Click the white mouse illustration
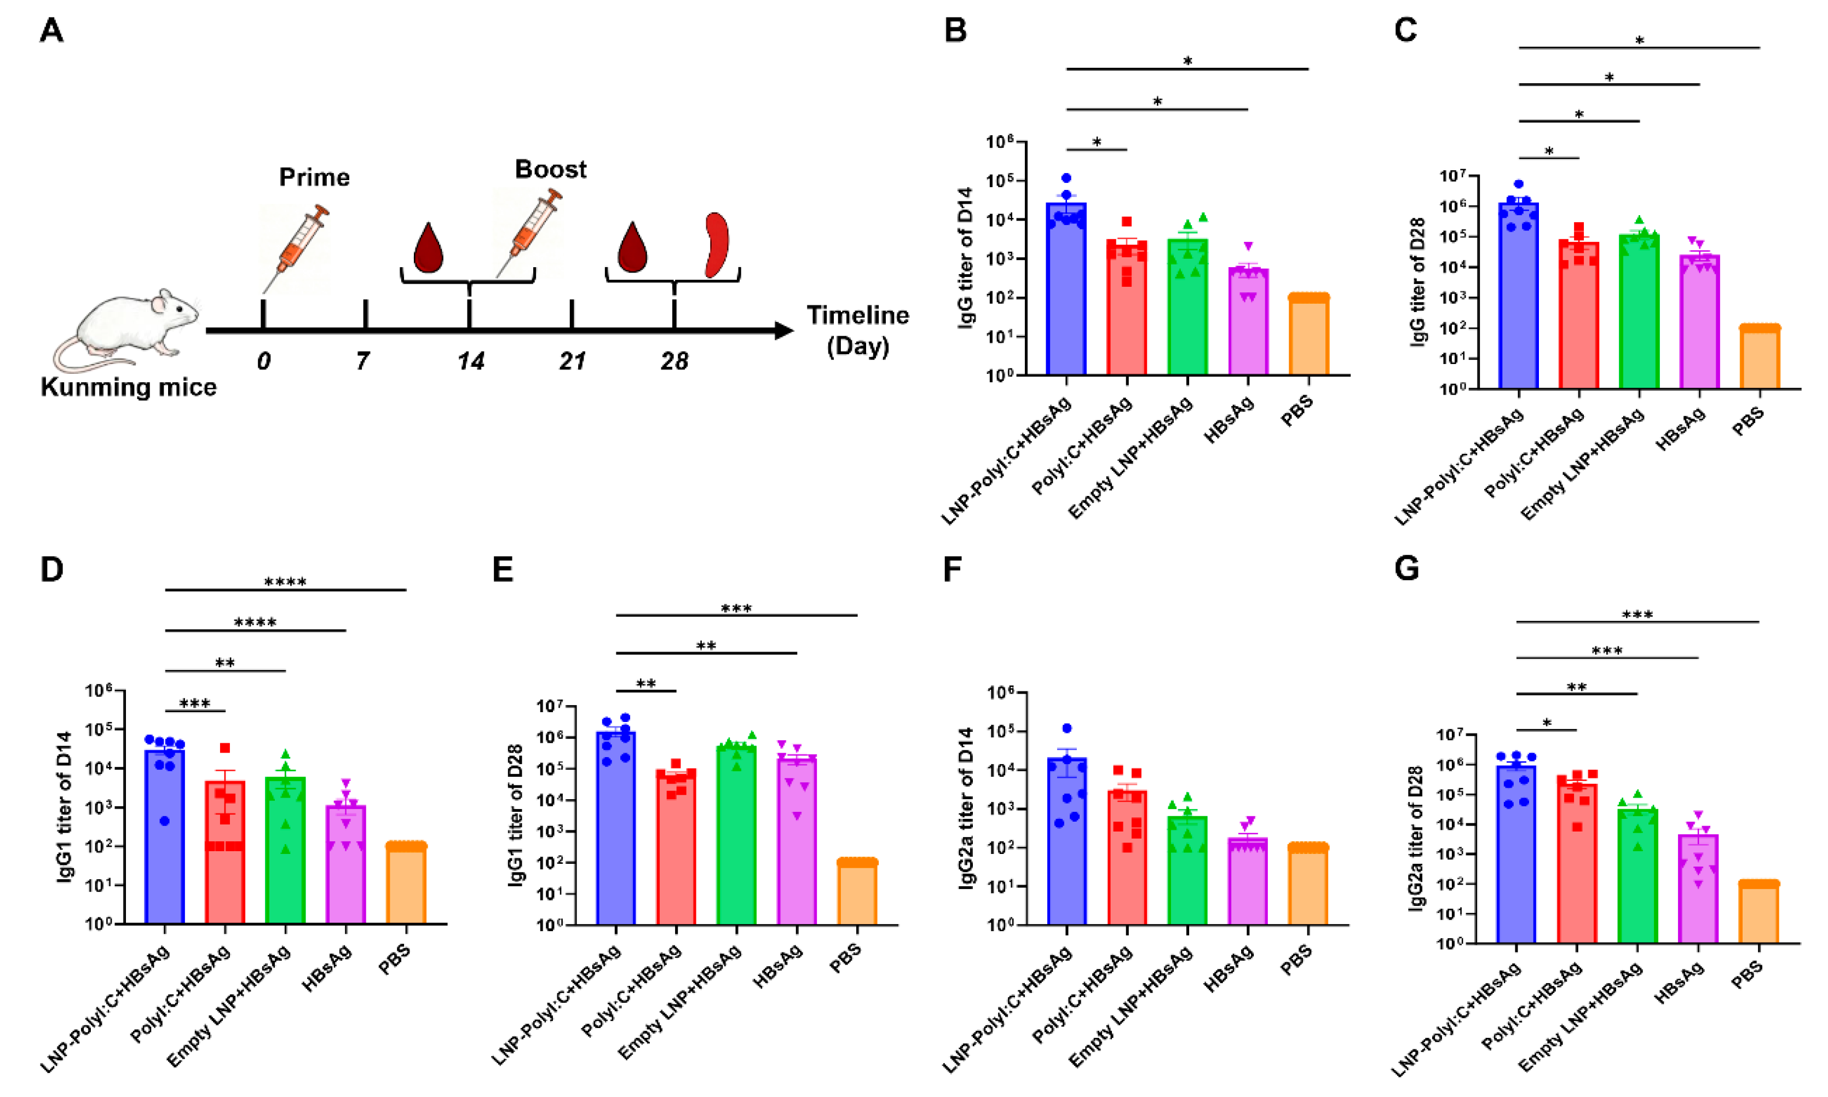tap(129, 329)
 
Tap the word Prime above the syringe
tap(314, 177)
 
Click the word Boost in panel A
tap(550, 169)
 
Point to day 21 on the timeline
tap(572, 361)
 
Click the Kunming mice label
tap(129, 386)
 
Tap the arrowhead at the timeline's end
tap(783, 331)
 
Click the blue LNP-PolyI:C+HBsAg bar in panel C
tap(1518, 296)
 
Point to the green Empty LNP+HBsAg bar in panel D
tap(285, 850)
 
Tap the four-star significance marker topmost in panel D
tap(285, 582)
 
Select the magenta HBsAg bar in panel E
tap(796, 842)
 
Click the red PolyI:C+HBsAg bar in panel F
tap(1127, 857)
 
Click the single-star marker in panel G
tap(1547, 723)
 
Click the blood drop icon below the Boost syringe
tap(429, 247)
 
